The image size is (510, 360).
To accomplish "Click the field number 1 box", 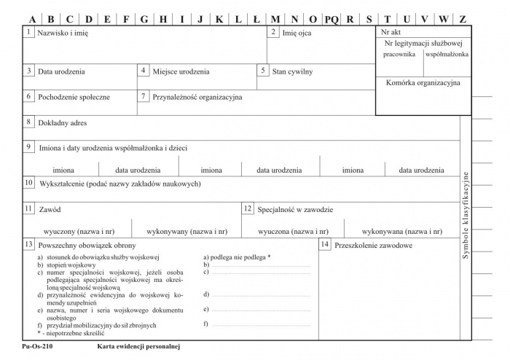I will pos(28,33).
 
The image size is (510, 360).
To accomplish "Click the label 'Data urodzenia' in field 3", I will pos(61,72).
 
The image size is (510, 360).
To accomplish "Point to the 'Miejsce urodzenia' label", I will pos(181,72).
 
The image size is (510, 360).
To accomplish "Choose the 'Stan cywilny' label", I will pos(292,72).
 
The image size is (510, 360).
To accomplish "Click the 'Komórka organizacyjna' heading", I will pos(423,83).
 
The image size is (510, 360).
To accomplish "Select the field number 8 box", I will pos(28,122).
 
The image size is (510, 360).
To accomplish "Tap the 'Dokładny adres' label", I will pos(63,123).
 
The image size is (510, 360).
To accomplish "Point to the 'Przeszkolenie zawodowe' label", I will pos(373,246).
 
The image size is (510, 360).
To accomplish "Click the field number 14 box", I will pos(324,244).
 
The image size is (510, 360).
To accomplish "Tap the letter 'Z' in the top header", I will pos(463,19).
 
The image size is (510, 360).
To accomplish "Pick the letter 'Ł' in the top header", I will pos(255,19).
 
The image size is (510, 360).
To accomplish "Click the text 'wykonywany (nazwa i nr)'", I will pos(187,231).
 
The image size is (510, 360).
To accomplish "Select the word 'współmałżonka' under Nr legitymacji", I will pos(447,54).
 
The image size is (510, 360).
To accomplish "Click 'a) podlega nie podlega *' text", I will pos(237,257).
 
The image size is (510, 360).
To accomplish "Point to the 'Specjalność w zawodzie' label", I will pos(295,210).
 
